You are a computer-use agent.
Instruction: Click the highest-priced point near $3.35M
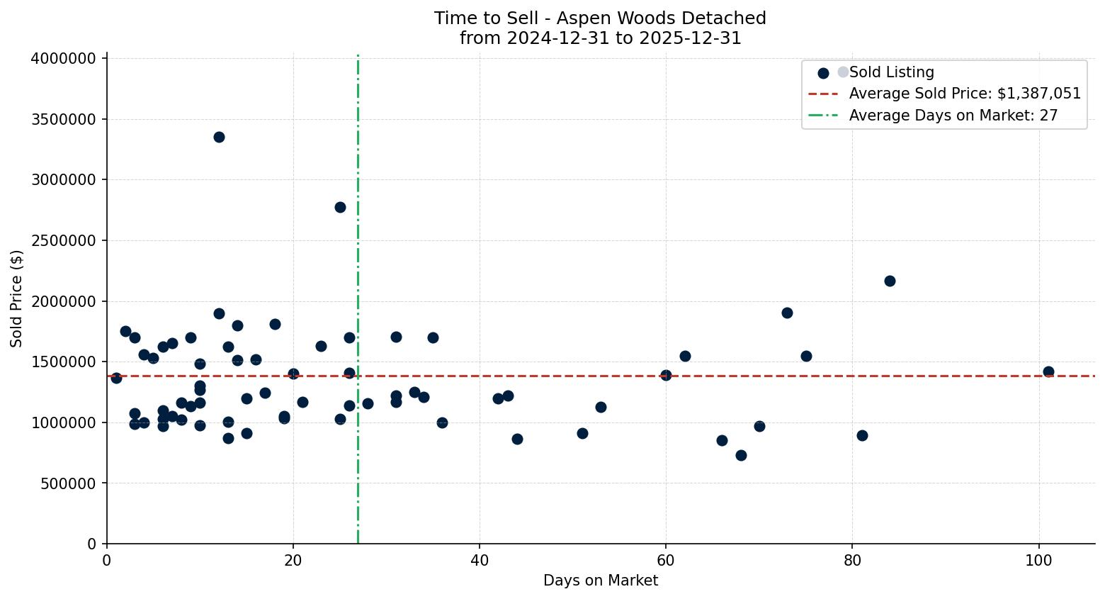click(219, 137)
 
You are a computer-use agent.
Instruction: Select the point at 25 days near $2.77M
click(340, 207)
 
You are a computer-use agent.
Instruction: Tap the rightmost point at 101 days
click(1048, 371)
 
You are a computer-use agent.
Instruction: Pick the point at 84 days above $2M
click(890, 281)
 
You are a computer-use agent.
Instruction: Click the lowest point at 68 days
click(741, 455)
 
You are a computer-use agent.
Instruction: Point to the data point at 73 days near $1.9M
click(787, 313)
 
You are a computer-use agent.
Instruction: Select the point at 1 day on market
click(116, 378)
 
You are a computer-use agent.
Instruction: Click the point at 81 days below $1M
click(862, 435)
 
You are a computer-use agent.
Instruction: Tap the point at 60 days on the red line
click(666, 375)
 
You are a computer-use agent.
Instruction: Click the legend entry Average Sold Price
click(965, 94)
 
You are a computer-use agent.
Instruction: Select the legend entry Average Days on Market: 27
click(953, 116)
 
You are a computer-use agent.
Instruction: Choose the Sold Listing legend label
click(891, 72)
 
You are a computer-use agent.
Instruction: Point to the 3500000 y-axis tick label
click(63, 119)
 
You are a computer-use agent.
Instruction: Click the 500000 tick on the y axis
click(67, 483)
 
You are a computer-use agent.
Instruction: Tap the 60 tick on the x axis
click(666, 559)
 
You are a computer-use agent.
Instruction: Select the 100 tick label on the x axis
click(1038, 559)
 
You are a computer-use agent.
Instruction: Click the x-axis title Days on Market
click(600, 581)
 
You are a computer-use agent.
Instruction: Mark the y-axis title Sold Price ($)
click(17, 298)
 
